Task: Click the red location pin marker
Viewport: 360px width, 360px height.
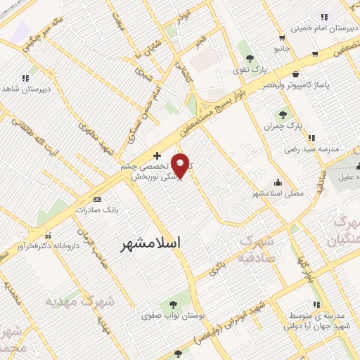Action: click(181, 165)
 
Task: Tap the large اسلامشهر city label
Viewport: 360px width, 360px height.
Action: click(150, 243)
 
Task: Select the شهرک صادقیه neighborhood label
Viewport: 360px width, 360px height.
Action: click(262, 250)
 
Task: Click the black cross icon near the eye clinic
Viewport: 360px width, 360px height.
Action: click(157, 155)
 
